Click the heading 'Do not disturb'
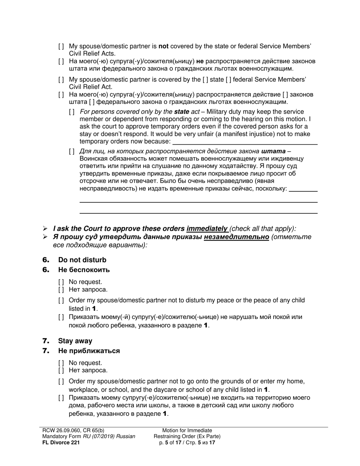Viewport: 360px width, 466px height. pyautogui.click(x=82, y=260)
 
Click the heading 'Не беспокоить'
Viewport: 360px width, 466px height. pyautogui.click(x=84, y=270)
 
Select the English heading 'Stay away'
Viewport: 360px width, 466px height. pyautogui.click(x=75, y=341)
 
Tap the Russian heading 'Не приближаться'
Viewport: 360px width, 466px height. pyautogui.click(x=89, y=350)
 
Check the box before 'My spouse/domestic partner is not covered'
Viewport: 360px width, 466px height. pyautogui.click(x=61, y=47)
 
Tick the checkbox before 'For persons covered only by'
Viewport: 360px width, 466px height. pyautogui.click(x=72, y=112)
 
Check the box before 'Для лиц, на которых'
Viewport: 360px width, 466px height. pyautogui.click(x=72, y=152)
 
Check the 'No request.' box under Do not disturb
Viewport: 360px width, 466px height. pyautogui.click(x=61, y=282)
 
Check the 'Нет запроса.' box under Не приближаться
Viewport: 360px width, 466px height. pyautogui.click(x=61, y=371)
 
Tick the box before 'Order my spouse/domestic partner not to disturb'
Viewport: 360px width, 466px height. pyautogui.click(x=61, y=301)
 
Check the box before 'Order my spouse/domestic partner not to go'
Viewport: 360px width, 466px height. pyautogui.click(x=61, y=382)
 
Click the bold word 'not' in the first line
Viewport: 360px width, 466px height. pyautogui.click(x=163, y=46)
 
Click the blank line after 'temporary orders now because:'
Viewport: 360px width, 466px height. pyautogui.click(x=245, y=142)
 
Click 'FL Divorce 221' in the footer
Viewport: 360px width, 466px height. pyautogui.click(x=61, y=442)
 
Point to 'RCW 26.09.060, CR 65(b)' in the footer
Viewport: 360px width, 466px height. pyautogui.click(x=74, y=430)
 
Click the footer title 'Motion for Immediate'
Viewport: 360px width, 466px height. pyautogui.click(x=187, y=430)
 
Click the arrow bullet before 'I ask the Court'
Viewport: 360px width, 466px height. pyautogui.click(x=45, y=229)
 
